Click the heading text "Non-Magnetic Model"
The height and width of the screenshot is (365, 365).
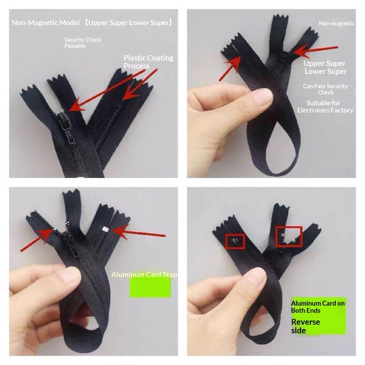(x=46, y=22)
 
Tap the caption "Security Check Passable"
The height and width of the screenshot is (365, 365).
(x=83, y=42)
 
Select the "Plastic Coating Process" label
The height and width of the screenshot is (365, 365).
(x=148, y=62)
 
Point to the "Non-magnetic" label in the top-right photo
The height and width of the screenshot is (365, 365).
(x=336, y=23)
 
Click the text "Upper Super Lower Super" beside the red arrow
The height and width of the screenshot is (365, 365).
(x=325, y=67)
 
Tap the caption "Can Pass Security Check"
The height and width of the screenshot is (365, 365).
(x=325, y=89)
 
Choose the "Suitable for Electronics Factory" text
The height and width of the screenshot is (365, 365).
(x=325, y=106)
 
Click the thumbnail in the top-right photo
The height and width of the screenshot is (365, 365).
(x=263, y=97)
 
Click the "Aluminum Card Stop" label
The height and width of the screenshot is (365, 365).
(x=144, y=275)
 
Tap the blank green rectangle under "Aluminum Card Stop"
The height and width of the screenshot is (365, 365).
(x=150, y=287)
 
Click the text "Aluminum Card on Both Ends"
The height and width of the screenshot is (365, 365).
(x=318, y=307)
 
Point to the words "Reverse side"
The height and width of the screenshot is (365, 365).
(x=305, y=326)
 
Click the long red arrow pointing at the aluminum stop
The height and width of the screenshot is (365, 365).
(x=139, y=233)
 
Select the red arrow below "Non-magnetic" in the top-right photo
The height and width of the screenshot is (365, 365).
(x=315, y=51)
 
